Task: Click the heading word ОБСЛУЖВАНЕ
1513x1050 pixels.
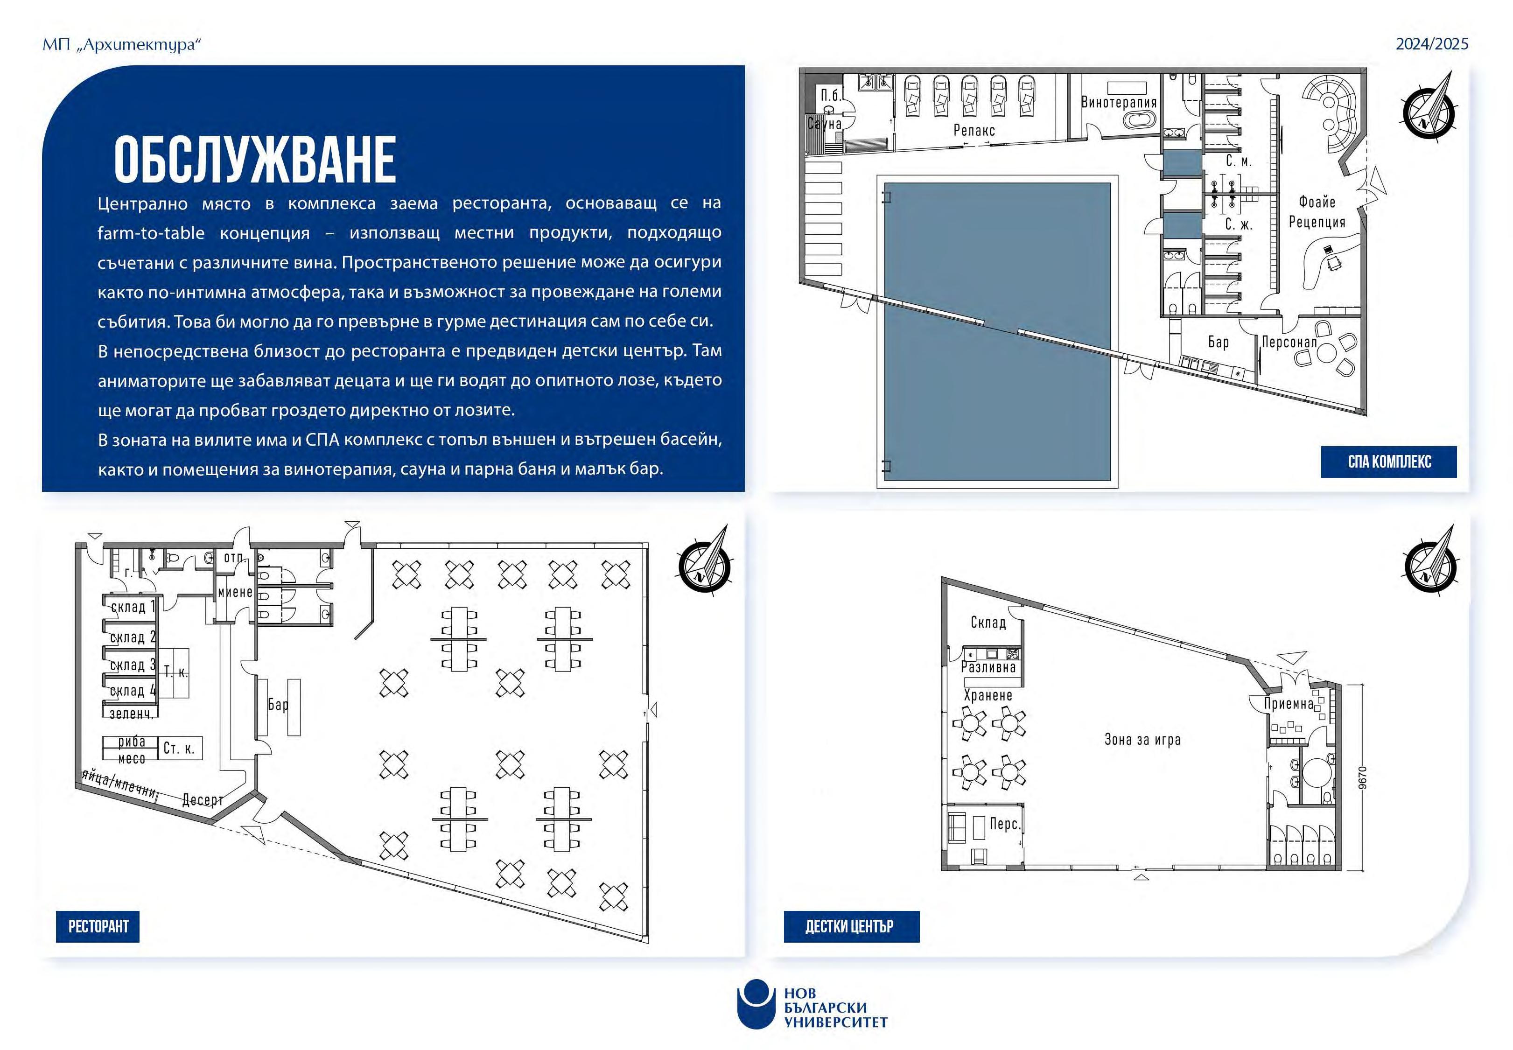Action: point(255,160)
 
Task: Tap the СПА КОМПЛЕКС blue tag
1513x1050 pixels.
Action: point(1389,462)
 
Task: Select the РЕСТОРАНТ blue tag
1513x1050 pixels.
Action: point(98,926)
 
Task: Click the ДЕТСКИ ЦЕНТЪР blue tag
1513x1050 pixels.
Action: point(851,926)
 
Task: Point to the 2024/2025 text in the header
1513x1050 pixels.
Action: point(1431,44)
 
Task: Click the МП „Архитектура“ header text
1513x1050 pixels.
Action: point(121,45)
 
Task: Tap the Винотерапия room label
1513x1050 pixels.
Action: point(1118,103)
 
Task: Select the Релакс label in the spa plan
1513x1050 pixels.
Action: point(974,130)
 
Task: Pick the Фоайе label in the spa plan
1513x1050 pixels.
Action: point(1317,202)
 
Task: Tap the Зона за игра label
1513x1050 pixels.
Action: point(1142,740)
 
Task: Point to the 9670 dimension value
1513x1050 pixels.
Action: point(1362,777)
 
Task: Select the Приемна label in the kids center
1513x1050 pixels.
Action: point(1288,704)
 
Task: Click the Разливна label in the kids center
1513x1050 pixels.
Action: point(988,667)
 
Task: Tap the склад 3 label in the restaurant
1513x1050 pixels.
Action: point(132,665)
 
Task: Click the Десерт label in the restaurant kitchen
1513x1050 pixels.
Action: point(203,800)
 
